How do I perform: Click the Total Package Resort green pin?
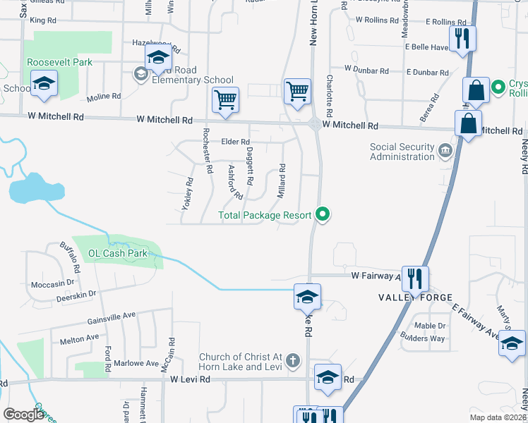click(x=324, y=214)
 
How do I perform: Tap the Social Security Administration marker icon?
click(x=445, y=150)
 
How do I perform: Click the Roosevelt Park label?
click(x=60, y=62)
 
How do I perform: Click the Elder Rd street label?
click(x=236, y=142)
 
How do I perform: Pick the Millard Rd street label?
click(x=281, y=180)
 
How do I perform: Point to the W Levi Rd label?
click(x=191, y=379)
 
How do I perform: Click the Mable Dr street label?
click(x=430, y=326)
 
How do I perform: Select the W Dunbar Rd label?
click(x=366, y=70)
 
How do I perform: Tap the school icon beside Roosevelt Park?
click(x=44, y=85)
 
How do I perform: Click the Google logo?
click(x=24, y=415)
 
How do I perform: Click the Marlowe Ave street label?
click(x=138, y=363)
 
